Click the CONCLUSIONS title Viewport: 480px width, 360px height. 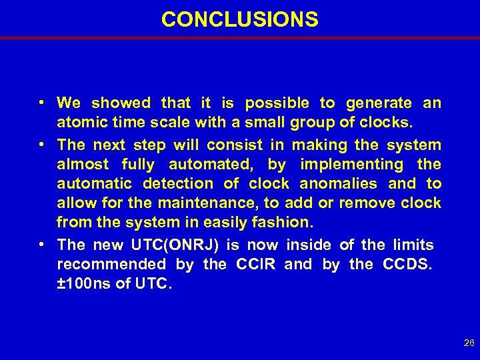point(240,19)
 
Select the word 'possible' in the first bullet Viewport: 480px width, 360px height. point(277,103)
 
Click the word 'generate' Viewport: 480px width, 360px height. point(379,103)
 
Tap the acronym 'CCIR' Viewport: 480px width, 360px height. point(256,265)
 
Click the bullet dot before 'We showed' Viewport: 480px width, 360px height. point(41,103)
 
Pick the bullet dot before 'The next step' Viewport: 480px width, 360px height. point(41,144)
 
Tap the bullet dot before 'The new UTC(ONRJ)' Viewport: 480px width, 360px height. point(41,245)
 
